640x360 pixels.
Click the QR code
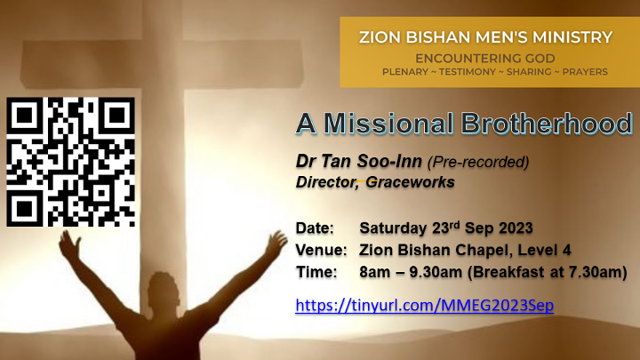(x=70, y=162)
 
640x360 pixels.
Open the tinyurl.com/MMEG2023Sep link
(x=425, y=305)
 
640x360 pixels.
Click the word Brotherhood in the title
(x=547, y=123)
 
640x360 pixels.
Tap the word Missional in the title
(x=388, y=123)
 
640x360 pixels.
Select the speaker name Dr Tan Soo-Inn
(x=359, y=161)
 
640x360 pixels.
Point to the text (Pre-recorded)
(x=478, y=162)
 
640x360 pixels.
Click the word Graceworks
(x=410, y=182)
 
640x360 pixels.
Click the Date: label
(x=315, y=228)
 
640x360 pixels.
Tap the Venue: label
(x=321, y=250)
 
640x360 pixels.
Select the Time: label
(x=316, y=272)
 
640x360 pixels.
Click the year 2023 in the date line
(x=516, y=228)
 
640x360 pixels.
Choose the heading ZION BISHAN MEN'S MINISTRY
(x=485, y=37)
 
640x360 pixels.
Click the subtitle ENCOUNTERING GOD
(x=485, y=59)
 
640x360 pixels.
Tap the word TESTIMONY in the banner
(x=468, y=72)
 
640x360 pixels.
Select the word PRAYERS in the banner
(x=585, y=72)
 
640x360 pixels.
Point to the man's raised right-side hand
(x=276, y=242)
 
